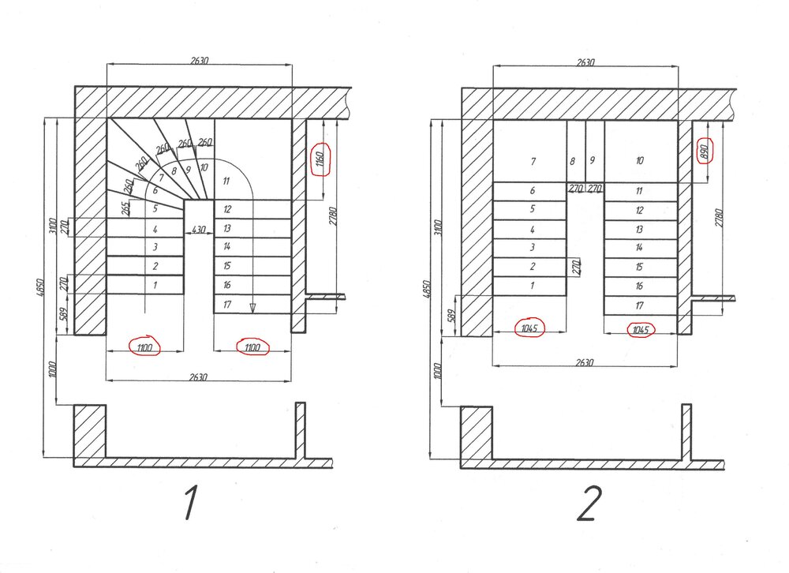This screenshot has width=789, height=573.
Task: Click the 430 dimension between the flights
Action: click(x=199, y=230)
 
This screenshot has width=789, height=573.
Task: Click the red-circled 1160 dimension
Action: click(x=320, y=159)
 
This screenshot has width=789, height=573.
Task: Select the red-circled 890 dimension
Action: click(x=705, y=151)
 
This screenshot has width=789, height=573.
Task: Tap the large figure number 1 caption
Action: click(x=190, y=503)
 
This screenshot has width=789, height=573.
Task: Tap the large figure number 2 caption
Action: click(x=589, y=504)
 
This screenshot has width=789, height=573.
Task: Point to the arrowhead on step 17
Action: click(x=252, y=308)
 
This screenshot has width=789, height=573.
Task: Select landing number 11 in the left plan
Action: click(x=226, y=182)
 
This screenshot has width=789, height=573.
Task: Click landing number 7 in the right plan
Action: click(x=533, y=162)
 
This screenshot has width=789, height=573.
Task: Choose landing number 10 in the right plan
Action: click(x=640, y=161)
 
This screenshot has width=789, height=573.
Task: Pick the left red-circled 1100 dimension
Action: click(x=144, y=347)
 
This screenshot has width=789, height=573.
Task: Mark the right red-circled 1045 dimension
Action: click(x=641, y=330)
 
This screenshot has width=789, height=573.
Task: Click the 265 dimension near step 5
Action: click(x=126, y=208)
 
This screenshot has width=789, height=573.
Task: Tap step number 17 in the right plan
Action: click(x=639, y=305)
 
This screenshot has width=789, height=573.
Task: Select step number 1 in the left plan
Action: click(x=155, y=285)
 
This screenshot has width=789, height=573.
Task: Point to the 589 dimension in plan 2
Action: click(x=451, y=316)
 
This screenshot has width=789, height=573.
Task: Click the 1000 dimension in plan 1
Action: click(x=54, y=369)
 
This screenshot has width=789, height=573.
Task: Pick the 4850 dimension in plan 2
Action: click(x=427, y=289)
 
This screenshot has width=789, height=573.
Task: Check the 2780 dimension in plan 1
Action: click(x=333, y=215)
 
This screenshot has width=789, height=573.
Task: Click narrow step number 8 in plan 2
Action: click(x=572, y=162)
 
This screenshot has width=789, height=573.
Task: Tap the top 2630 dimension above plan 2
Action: click(x=585, y=62)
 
